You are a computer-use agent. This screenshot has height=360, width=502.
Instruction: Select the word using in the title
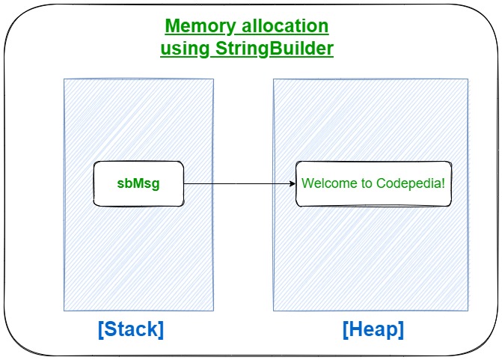183,49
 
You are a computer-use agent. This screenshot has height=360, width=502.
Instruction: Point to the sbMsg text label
138,183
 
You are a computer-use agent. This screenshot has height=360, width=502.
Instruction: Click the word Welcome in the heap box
328,183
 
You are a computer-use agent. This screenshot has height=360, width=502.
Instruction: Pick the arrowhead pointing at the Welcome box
292,183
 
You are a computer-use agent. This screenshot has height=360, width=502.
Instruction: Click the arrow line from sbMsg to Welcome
236,183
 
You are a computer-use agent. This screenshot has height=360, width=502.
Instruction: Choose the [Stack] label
131,329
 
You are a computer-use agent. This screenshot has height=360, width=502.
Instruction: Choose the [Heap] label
373,329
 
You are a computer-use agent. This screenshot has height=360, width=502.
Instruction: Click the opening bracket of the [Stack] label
101,329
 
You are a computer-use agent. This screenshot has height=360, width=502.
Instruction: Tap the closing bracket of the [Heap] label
401,329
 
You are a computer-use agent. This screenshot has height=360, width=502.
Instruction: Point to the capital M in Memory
172,26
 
